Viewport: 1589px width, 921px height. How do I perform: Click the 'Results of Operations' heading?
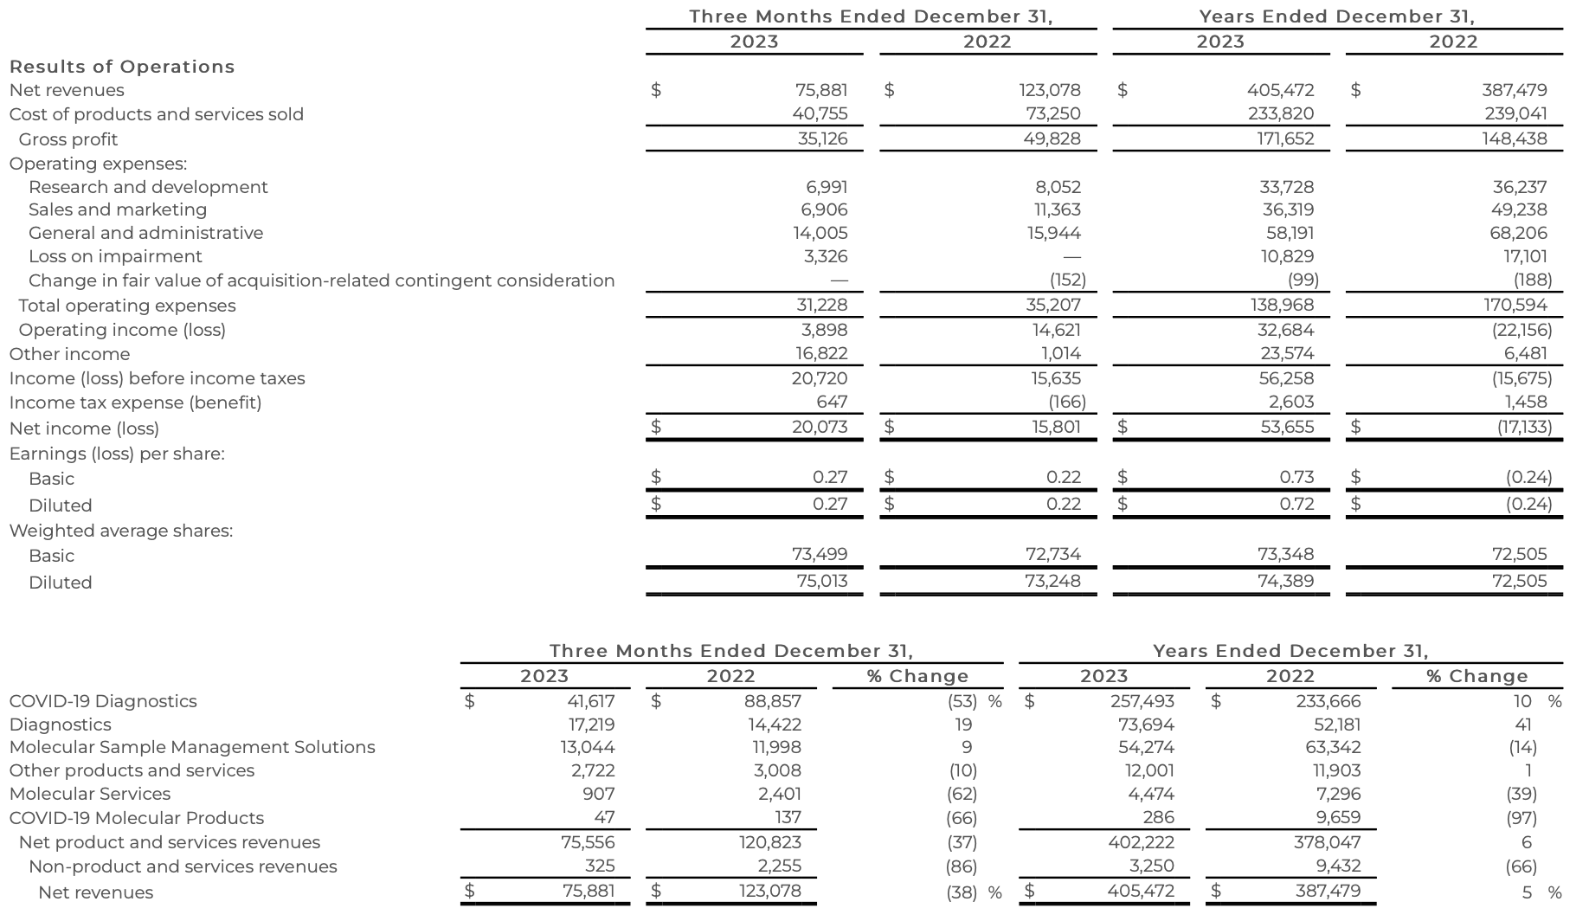coord(122,67)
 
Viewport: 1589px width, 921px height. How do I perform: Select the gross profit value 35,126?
coord(822,138)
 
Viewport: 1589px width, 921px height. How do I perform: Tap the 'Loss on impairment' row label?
coord(115,256)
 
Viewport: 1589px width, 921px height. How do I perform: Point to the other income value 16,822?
coord(821,353)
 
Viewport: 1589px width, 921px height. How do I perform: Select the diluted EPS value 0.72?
coord(1296,504)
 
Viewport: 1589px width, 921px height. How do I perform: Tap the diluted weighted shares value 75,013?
coord(821,581)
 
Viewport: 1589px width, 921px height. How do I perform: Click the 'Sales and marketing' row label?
coord(118,209)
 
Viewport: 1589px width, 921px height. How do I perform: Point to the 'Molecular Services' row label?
coord(90,794)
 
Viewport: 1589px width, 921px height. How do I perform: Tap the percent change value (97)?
coord(1521,817)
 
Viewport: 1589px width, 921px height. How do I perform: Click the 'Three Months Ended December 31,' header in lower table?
coord(730,651)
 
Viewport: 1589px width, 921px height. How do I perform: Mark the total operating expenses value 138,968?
coord(1285,305)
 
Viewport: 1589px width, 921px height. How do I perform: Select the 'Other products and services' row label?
coord(132,770)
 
